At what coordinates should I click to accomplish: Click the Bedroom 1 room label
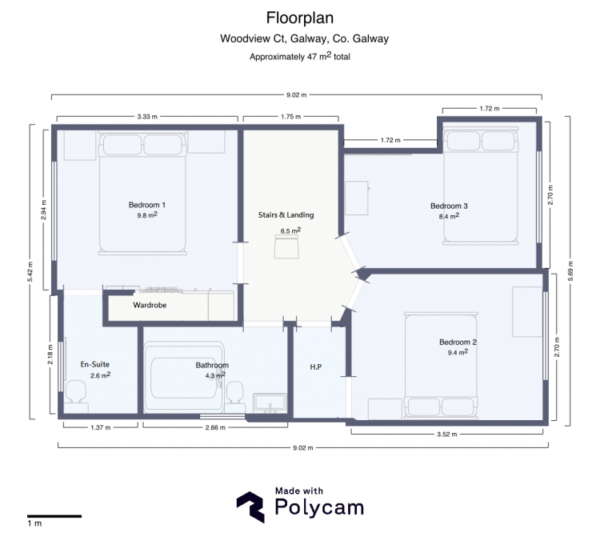click(147, 205)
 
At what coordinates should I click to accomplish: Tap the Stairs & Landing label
click(286, 215)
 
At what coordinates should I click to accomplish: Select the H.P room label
click(316, 367)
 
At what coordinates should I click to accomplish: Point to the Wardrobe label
click(150, 305)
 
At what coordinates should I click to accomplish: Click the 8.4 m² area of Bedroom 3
click(449, 216)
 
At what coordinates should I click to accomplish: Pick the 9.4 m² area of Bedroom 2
click(458, 352)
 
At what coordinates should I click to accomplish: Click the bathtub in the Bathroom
click(184, 378)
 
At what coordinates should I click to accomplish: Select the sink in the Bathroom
click(270, 403)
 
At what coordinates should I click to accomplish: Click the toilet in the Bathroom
click(234, 397)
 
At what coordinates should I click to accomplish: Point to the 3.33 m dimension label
click(147, 117)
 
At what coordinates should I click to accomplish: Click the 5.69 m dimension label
click(570, 271)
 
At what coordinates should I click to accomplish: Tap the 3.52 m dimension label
click(447, 435)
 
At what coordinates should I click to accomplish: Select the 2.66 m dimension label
click(215, 427)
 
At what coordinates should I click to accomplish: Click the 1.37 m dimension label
click(101, 427)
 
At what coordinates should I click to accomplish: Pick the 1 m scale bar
click(54, 516)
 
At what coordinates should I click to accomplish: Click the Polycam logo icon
click(250, 507)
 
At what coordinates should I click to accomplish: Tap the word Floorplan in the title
click(300, 18)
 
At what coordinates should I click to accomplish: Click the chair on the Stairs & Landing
click(286, 246)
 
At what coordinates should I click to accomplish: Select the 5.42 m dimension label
click(30, 272)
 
